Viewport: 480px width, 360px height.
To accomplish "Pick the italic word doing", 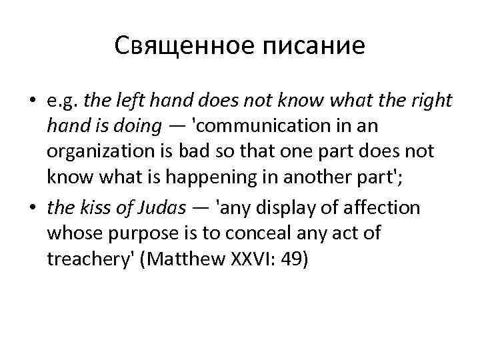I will click(137, 126).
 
